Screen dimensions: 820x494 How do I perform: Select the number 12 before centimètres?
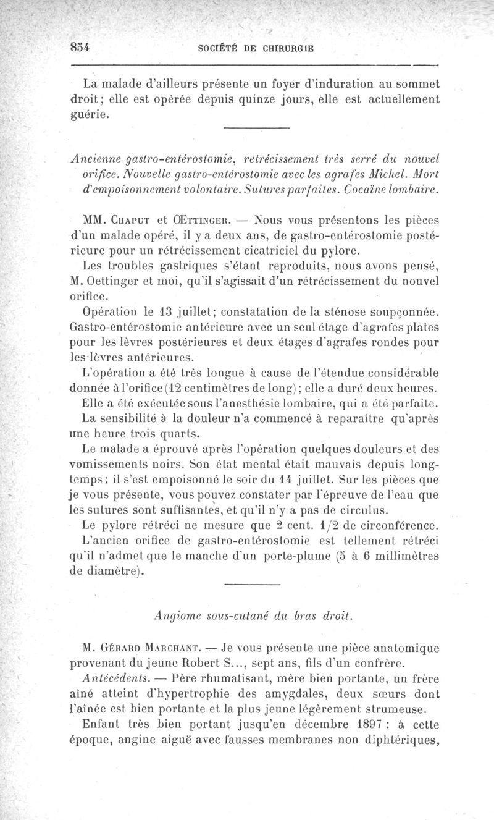pos(176,388)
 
